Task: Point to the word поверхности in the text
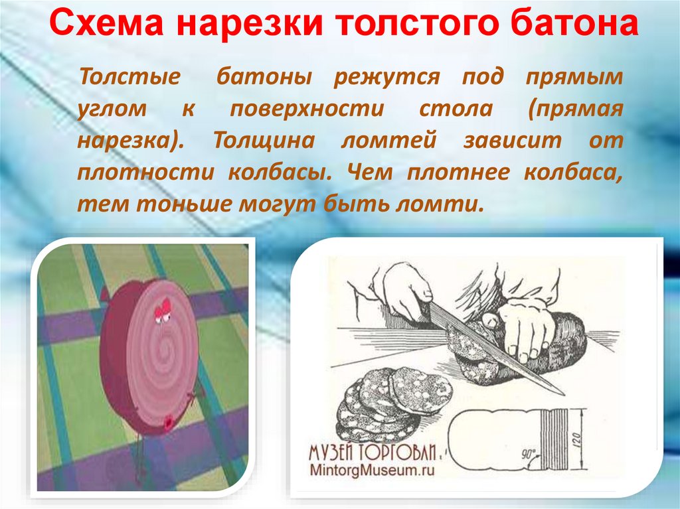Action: [x=307, y=109]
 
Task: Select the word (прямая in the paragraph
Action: [x=576, y=109]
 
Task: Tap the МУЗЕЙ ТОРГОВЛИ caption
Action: [x=371, y=453]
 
